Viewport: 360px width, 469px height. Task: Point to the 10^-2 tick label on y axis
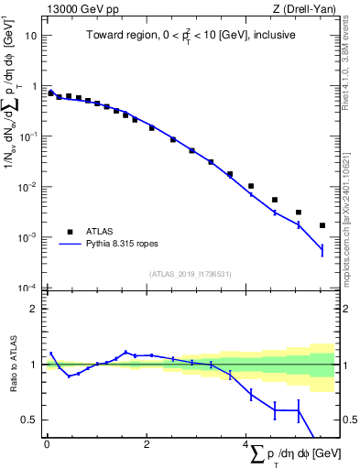(x=28, y=187)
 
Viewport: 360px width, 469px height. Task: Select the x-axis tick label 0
(x=47, y=446)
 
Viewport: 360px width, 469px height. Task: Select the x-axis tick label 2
(x=147, y=446)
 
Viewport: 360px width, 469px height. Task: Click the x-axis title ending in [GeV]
(x=292, y=455)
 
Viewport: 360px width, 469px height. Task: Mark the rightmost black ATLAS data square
(x=322, y=225)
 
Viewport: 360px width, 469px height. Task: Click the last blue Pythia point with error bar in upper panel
(x=322, y=249)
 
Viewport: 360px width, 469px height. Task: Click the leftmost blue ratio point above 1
(x=51, y=354)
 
